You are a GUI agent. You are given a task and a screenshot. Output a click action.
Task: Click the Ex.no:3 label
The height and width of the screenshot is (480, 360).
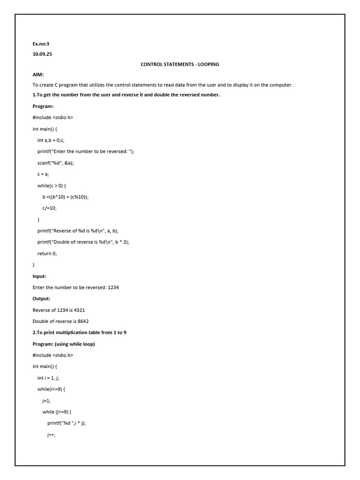click(41, 44)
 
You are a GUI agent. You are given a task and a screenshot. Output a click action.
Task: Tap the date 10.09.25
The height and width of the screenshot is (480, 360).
click(42, 54)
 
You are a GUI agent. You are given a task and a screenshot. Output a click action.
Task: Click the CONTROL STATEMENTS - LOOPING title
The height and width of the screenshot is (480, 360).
click(180, 64)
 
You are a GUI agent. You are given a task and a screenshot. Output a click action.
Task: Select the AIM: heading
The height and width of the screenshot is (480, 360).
click(38, 75)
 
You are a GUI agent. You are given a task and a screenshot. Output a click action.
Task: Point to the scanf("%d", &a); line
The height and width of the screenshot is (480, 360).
click(56, 163)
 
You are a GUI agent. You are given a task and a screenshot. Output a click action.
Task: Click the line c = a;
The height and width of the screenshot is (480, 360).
click(43, 174)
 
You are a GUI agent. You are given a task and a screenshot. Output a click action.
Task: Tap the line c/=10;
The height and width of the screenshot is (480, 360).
click(49, 208)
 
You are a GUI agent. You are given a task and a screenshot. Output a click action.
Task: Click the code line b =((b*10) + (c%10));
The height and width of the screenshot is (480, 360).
click(65, 197)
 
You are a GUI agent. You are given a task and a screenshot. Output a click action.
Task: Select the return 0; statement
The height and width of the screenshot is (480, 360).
click(47, 253)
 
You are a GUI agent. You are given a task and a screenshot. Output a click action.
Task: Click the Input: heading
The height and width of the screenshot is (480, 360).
click(39, 276)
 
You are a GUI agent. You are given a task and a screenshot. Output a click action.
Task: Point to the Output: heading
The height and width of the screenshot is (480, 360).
click(41, 299)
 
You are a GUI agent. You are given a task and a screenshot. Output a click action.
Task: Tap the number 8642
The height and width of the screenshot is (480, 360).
click(82, 321)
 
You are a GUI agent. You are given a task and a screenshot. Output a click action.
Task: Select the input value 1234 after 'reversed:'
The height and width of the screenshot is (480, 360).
click(113, 287)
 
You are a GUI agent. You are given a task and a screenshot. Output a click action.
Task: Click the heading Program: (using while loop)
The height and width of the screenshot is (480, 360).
click(64, 344)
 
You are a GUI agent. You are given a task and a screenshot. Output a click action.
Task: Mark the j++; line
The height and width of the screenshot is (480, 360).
click(51, 435)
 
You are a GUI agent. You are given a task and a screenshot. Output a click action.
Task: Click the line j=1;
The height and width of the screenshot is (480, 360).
click(46, 400)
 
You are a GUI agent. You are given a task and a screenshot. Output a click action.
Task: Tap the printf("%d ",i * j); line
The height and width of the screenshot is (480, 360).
click(67, 423)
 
